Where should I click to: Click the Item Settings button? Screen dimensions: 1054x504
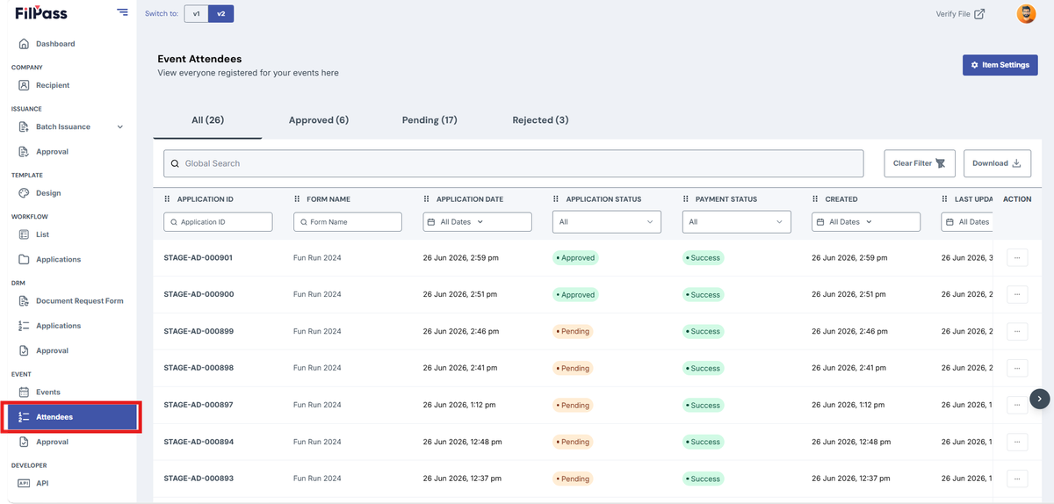[1000, 65]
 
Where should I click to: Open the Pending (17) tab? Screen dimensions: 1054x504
[430, 120]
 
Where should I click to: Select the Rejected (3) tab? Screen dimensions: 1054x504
[540, 120]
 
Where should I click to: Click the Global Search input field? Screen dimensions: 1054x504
[513, 163]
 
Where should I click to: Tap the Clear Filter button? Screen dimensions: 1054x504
[920, 163]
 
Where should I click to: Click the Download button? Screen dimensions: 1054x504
[997, 163]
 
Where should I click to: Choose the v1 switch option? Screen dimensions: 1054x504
[196, 14]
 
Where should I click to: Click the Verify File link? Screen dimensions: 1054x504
[960, 14]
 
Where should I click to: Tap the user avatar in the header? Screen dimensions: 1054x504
[1026, 14]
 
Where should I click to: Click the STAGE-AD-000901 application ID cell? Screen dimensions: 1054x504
[199, 257]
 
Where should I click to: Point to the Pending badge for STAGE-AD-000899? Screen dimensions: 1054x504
[573, 331]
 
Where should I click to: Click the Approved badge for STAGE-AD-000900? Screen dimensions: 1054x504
[575, 295]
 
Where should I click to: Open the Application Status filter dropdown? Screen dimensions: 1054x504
[607, 221]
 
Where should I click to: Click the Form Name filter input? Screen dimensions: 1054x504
[347, 221]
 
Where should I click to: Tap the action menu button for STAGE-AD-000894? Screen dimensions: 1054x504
[1017, 442]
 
